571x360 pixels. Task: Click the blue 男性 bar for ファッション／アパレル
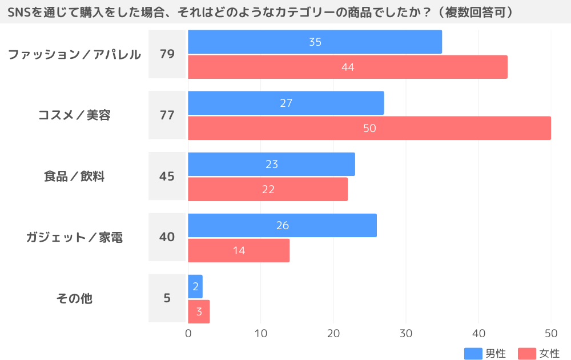tap(315, 42)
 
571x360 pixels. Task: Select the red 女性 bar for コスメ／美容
tap(369, 128)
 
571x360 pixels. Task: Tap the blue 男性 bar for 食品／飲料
tap(271, 164)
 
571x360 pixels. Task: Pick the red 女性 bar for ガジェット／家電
tap(239, 250)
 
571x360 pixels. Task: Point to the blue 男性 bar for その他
tap(195, 286)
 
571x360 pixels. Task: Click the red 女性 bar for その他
tap(199, 311)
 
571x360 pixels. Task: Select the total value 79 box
tap(167, 54)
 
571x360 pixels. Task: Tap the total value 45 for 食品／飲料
tap(167, 176)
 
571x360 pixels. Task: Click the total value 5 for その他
tap(167, 298)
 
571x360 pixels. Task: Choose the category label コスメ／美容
tap(74, 115)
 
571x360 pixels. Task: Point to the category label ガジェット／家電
tap(74, 237)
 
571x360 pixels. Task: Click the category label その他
tap(74, 298)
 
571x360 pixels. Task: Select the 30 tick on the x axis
tap(406, 333)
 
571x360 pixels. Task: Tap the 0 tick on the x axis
tap(188, 333)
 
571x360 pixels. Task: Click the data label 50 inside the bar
tap(369, 128)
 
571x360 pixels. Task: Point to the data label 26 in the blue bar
tap(282, 225)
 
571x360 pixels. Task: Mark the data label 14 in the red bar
tap(239, 250)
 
